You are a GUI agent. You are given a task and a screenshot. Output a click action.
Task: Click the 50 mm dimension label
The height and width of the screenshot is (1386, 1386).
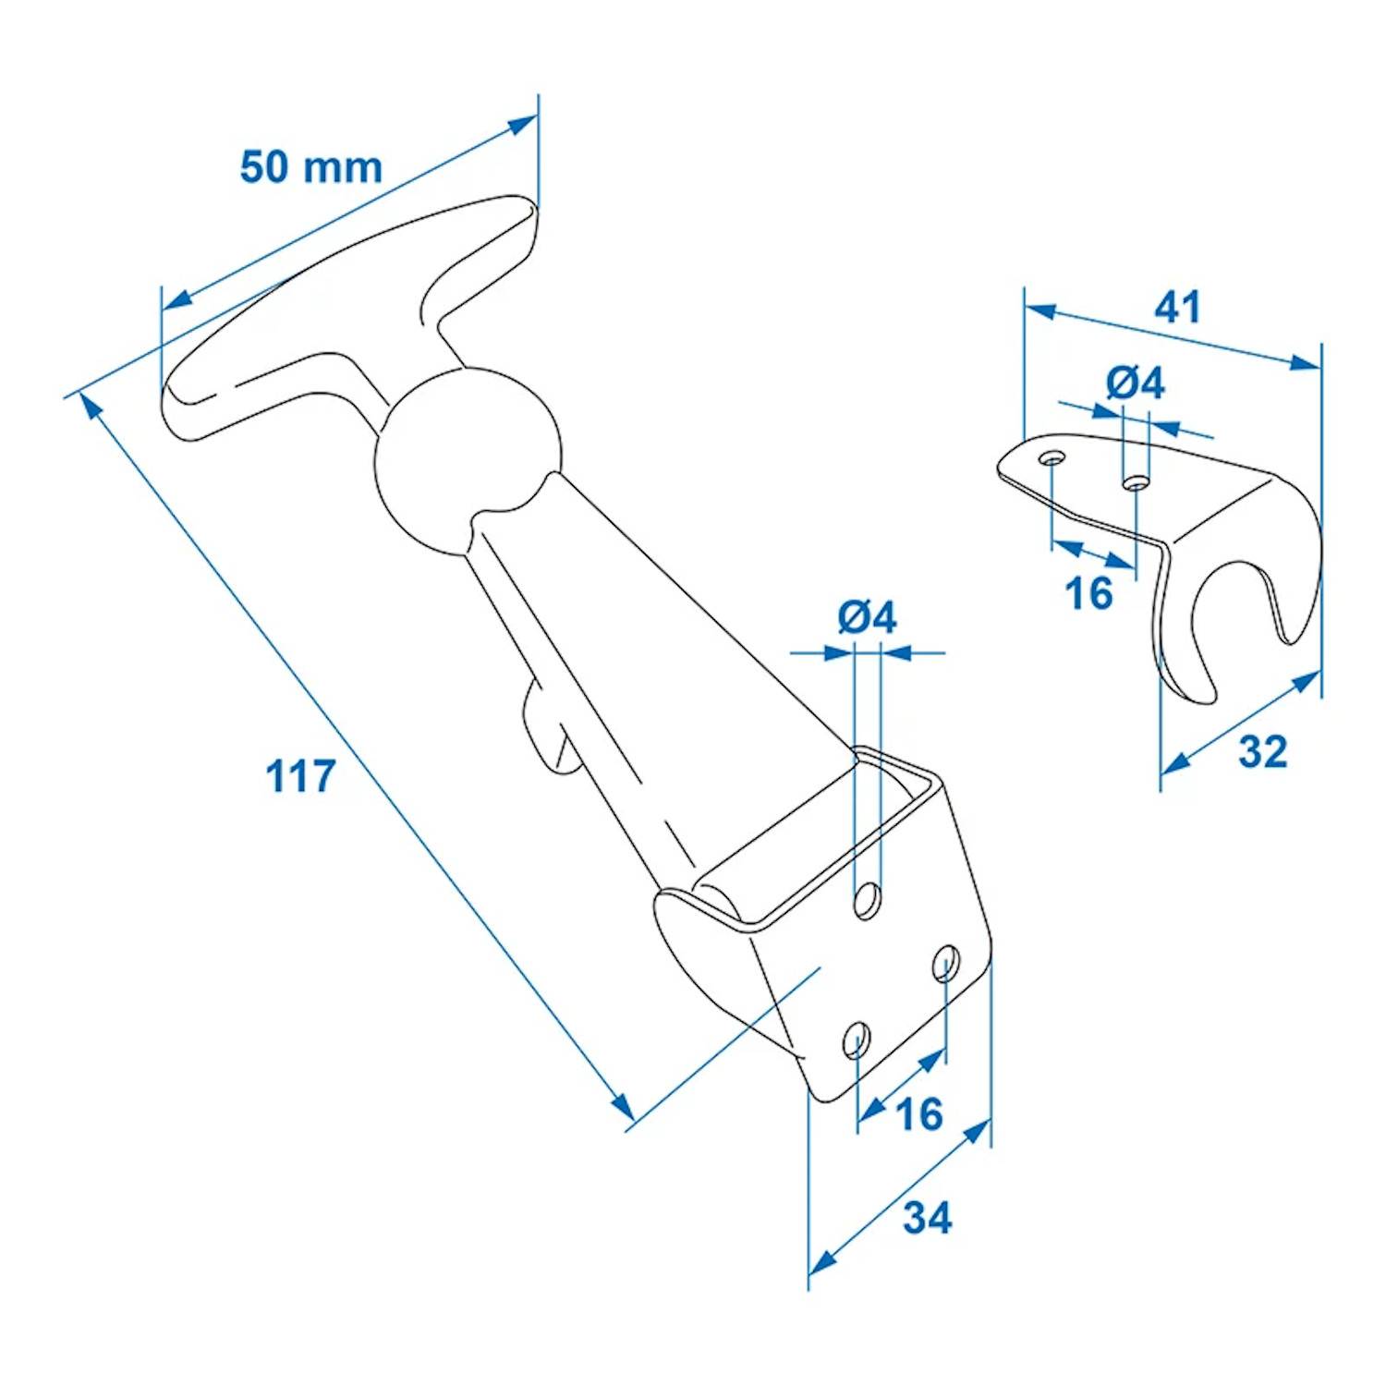310,167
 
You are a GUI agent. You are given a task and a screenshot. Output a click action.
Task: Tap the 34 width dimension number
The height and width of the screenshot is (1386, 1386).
927,1218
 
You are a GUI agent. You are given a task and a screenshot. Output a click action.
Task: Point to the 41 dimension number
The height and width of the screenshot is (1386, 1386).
1177,307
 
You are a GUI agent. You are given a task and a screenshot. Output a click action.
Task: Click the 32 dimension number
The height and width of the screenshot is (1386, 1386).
1262,752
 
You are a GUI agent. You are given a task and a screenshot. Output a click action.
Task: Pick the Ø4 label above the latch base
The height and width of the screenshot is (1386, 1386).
867,617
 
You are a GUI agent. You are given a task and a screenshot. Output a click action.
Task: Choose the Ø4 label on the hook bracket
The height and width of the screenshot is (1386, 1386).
1135,383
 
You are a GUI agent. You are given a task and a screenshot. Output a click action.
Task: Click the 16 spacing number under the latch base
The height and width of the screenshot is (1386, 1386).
919,1114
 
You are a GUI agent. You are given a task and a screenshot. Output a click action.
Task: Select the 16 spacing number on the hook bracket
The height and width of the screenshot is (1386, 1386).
1088,593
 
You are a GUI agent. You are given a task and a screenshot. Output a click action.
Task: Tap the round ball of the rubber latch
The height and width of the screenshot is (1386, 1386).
468,462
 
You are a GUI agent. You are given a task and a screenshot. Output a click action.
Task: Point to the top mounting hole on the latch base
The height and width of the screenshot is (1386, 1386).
867,899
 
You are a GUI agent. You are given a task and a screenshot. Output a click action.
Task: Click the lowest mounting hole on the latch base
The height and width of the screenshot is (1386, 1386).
857,1041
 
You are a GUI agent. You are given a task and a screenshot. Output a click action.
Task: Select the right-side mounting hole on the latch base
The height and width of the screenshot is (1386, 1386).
944,963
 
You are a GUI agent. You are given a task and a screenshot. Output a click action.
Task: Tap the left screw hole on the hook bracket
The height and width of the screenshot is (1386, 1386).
1052,457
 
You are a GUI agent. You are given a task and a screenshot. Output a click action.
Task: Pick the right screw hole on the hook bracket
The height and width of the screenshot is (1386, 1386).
1136,482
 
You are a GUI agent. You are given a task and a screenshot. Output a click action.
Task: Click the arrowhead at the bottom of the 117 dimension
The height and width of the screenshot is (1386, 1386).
624,1108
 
